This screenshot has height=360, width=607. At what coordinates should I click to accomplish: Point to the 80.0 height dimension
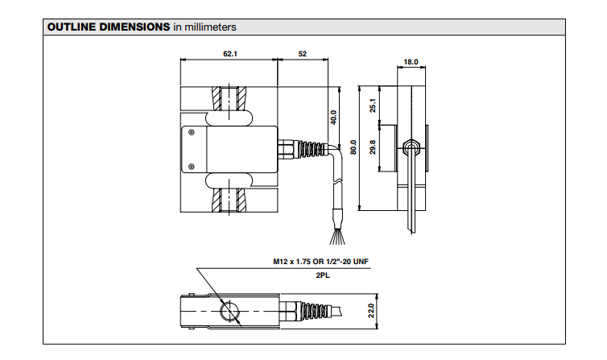[353, 148]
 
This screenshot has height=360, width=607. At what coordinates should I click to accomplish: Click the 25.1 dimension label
[373, 106]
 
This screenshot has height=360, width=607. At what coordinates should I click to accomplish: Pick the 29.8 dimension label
[373, 148]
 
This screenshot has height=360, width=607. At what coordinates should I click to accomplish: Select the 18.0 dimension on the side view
[411, 61]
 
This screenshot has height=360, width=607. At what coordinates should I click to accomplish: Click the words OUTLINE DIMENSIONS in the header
[109, 27]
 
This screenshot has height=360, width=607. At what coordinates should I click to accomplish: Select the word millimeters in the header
[210, 27]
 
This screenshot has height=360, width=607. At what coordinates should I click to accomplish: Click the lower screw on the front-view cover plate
[191, 167]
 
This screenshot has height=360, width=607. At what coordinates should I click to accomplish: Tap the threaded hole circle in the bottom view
[230, 311]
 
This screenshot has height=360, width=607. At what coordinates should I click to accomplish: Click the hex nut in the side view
[412, 147]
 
